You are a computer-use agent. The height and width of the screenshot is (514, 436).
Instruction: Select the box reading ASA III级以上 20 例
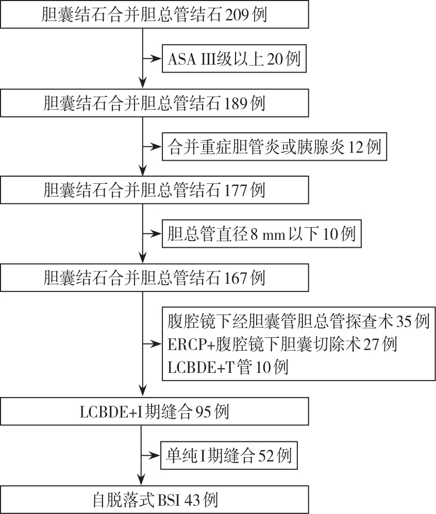coord(234,59)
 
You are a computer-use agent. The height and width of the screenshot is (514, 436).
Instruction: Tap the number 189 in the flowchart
coord(235,103)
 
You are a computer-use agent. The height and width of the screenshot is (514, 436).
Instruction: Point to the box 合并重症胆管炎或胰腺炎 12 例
coord(274,147)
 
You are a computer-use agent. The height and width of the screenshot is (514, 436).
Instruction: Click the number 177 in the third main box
coord(235,191)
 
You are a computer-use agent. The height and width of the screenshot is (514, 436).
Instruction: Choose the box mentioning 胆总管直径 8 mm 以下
coord(261,234)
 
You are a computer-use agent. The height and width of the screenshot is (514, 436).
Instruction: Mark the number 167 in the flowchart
coord(235,278)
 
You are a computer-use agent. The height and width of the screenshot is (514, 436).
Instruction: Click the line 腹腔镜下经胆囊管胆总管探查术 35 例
coord(298,321)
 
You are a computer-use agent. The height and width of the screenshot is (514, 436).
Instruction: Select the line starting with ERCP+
coord(282,344)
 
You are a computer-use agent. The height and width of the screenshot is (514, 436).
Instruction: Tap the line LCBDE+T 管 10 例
coord(228,367)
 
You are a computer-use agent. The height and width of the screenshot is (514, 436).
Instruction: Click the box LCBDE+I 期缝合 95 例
coord(155,412)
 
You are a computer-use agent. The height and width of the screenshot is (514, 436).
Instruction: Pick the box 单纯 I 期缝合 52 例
coord(229,455)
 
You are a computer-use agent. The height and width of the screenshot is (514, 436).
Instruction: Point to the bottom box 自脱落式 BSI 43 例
coord(155,500)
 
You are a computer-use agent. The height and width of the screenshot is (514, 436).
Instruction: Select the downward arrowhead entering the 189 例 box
coord(143,83)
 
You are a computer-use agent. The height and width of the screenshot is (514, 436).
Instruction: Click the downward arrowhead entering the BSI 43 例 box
coord(141,480)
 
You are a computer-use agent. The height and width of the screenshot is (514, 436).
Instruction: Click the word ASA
coord(180,59)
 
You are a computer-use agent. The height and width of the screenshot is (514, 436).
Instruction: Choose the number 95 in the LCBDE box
coord(204,412)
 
